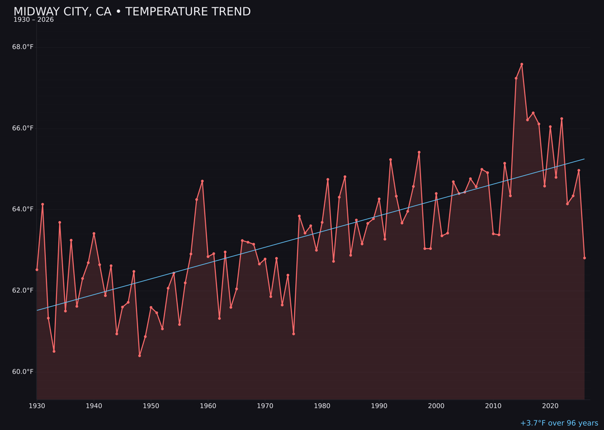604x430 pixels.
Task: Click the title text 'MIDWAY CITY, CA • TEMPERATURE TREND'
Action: pyautogui.click(x=132, y=12)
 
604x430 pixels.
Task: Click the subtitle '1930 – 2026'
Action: pyautogui.click(x=34, y=20)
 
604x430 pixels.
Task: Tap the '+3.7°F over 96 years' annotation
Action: pyautogui.click(x=559, y=423)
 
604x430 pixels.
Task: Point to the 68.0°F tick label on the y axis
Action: pyautogui.click(x=23, y=47)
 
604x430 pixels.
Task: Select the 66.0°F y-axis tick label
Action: pyautogui.click(x=23, y=128)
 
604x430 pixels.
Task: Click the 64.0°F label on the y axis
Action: pyautogui.click(x=23, y=209)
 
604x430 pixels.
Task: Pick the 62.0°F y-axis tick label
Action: pyautogui.click(x=23, y=291)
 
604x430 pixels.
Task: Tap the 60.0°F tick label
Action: pyautogui.click(x=23, y=372)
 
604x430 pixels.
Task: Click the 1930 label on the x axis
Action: pyautogui.click(x=37, y=406)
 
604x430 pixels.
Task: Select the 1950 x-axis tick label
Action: pyautogui.click(x=151, y=406)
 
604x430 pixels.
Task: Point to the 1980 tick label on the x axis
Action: pyautogui.click(x=322, y=406)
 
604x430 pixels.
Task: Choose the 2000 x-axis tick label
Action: pyautogui.click(x=436, y=406)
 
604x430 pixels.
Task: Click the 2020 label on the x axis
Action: pyautogui.click(x=550, y=406)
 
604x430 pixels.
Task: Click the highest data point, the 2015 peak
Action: pyautogui.click(x=522, y=64)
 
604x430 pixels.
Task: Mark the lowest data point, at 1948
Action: pyautogui.click(x=139, y=356)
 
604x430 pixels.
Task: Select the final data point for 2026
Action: pyautogui.click(x=584, y=258)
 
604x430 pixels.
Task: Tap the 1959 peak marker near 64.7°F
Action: pyautogui.click(x=202, y=181)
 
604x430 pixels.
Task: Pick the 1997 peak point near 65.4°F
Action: pyautogui.click(x=419, y=152)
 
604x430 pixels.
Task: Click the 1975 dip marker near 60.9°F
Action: pyautogui.click(x=294, y=334)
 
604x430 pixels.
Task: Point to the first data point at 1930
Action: pyautogui.click(x=37, y=270)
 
